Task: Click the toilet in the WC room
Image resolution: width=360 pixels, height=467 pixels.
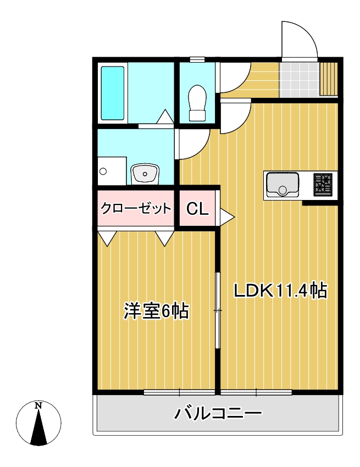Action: pyautogui.click(x=197, y=103)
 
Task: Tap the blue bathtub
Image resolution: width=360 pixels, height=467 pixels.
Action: pyautogui.click(x=113, y=92)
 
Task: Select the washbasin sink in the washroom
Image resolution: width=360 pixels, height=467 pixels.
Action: pyautogui.click(x=145, y=174)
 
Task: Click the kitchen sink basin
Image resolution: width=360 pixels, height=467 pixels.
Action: pyautogui.click(x=283, y=185)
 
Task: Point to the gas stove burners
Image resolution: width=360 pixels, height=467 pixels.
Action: pyautogui.click(x=323, y=184)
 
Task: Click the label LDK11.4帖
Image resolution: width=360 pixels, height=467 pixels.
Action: pyautogui.click(x=280, y=290)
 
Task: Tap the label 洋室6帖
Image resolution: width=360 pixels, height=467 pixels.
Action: pyautogui.click(x=156, y=311)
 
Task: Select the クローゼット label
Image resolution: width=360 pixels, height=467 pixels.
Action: pyautogui.click(x=135, y=208)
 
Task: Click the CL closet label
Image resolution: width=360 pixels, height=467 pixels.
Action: pyautogui.click(x=197, y=209)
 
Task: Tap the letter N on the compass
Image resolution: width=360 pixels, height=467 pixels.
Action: pyautogui.click(x=38, y=406)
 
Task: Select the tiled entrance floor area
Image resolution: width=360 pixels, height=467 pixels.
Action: pyautogui.click(x=299, y=80)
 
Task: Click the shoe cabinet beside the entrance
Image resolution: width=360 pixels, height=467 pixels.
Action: pyautogui.click(x=328, y=80)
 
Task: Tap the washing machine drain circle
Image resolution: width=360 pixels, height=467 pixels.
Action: pyautogui.click(x=103, y=171)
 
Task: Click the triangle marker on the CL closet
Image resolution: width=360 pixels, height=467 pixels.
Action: pyautogui.click(x=226, y=216)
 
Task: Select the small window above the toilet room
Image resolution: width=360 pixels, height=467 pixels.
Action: pyautogui.click(x=197, y=59)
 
